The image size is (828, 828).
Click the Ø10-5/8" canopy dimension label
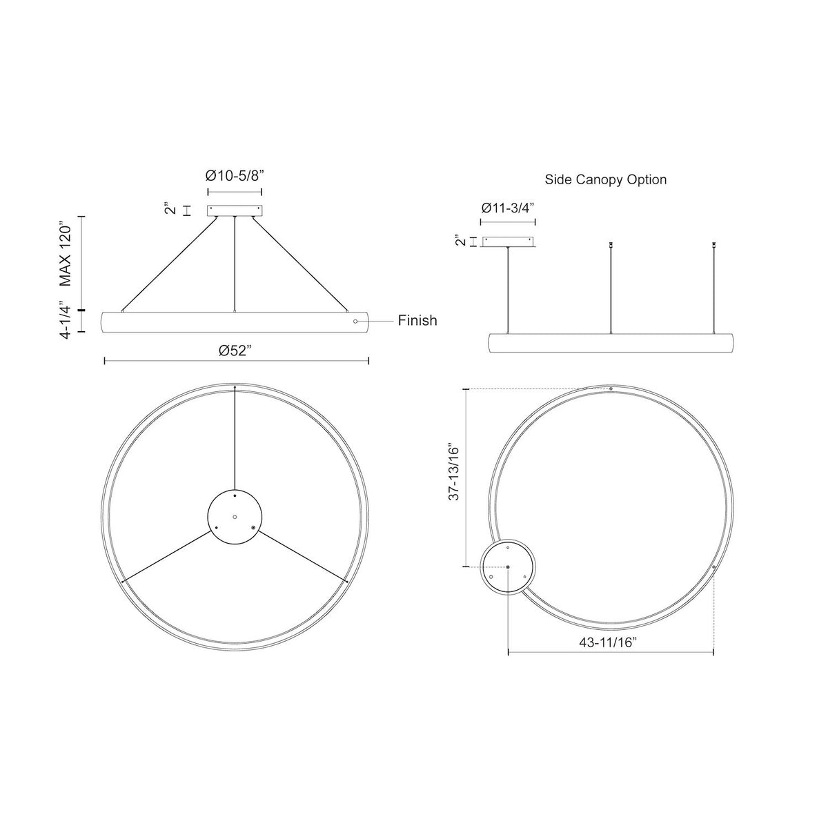234,176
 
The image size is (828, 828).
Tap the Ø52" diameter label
234,351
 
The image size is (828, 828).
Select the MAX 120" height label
66,255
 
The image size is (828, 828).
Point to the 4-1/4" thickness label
66,320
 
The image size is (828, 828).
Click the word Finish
417,320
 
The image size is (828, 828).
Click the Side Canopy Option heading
605,179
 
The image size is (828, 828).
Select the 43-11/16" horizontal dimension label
607,654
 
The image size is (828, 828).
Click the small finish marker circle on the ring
355,322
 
